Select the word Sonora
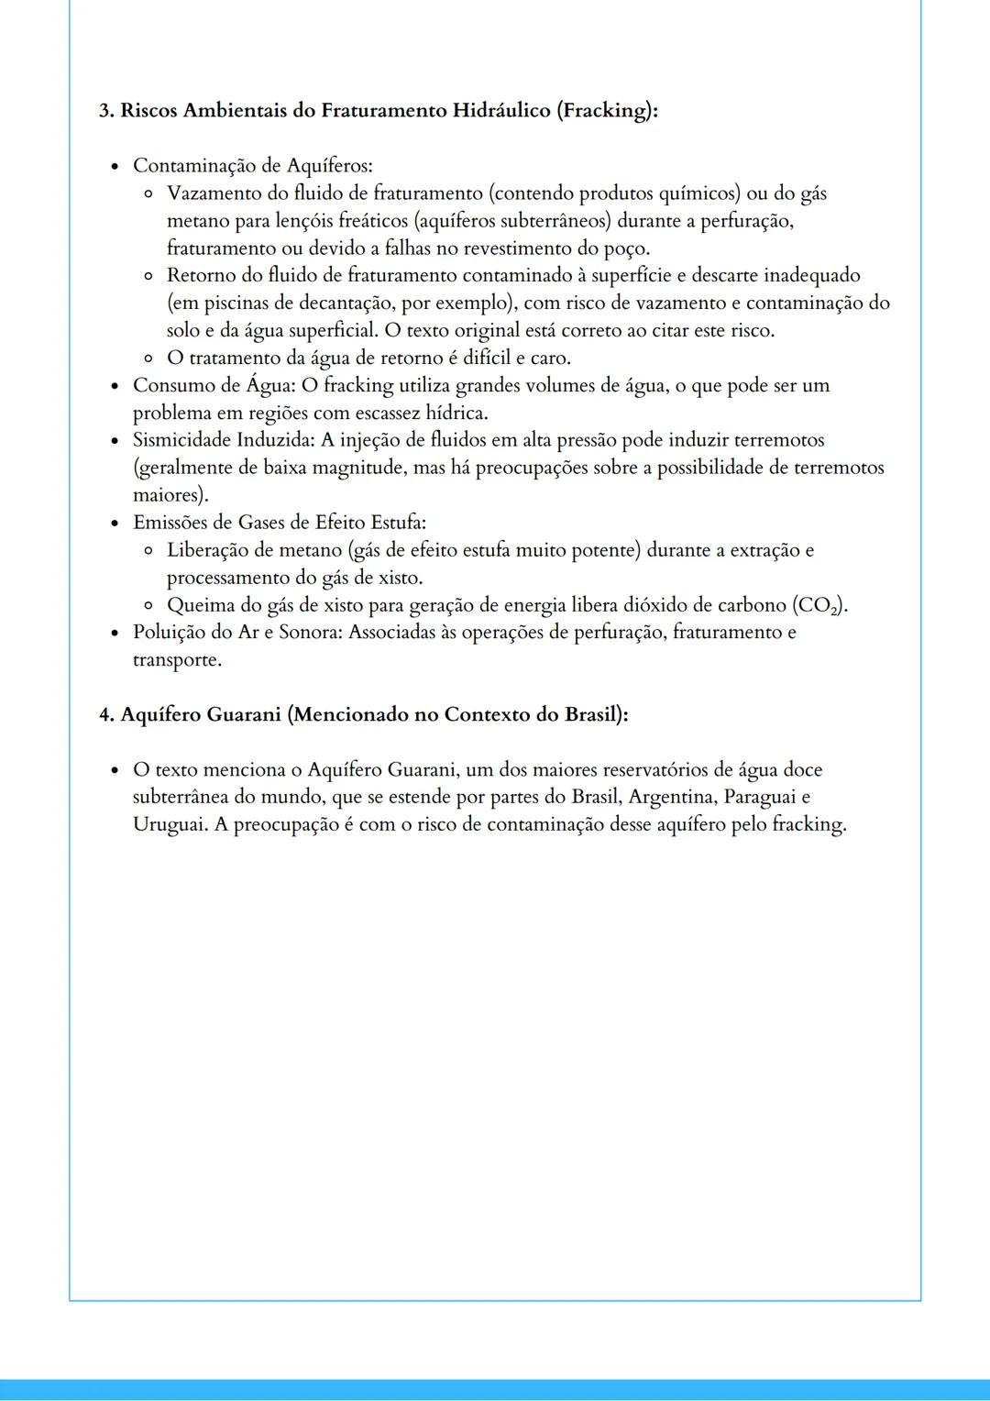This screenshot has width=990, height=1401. click(x=309, y=633)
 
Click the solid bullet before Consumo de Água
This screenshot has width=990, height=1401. click(x=115, y=386)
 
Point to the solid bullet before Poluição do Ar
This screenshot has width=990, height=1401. click(x=115, y=634)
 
